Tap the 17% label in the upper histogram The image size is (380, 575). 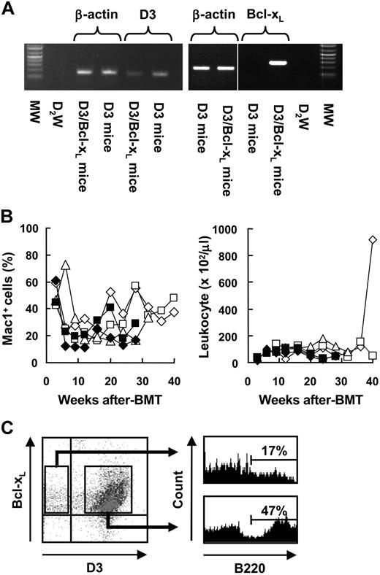[x=273, y=451]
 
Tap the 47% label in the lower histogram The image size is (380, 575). [x=273, y=505]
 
